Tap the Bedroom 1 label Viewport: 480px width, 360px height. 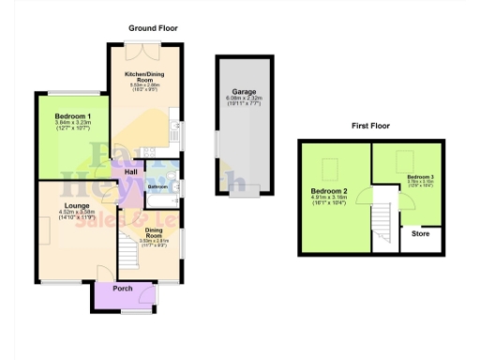pos(67,115)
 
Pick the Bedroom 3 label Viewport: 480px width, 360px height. pos(419,176)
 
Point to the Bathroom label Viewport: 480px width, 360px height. pos(157,187)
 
